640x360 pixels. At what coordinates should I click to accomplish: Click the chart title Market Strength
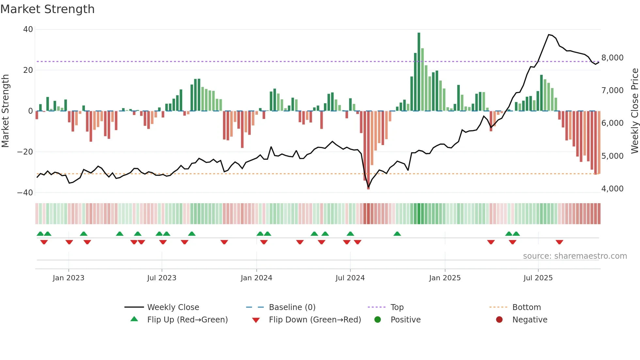click(47, 9)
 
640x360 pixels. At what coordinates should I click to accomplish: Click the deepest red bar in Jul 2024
click(368, 150)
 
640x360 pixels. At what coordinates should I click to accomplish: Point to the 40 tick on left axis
click(28, 29)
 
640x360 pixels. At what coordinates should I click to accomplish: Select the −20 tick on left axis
click(25, 152)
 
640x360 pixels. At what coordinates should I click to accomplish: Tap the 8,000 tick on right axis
click(612, 58)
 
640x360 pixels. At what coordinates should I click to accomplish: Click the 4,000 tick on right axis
click(612, 189)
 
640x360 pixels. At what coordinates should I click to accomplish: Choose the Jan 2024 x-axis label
click(256, 278)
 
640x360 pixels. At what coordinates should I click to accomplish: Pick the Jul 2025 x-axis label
click(538, 278)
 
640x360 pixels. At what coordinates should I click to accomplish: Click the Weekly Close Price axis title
click(634, 111)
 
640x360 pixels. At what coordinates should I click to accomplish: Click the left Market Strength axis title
click(6, 111)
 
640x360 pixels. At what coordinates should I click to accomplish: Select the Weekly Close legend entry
click(173, 307)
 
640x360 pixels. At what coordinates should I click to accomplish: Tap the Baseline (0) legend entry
click(292, 307)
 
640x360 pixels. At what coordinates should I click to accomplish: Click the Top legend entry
click(397, 307)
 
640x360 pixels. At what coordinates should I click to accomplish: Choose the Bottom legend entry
click(526, 307)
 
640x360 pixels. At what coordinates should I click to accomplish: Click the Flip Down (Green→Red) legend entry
click(314, 320)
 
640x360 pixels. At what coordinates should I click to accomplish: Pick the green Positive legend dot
click(378, 320)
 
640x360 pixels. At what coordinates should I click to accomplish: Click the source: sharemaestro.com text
click(575, 256)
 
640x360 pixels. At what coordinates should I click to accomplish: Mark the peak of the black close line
click(549, 35)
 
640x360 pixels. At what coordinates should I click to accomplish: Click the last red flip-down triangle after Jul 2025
click(559, 242)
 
